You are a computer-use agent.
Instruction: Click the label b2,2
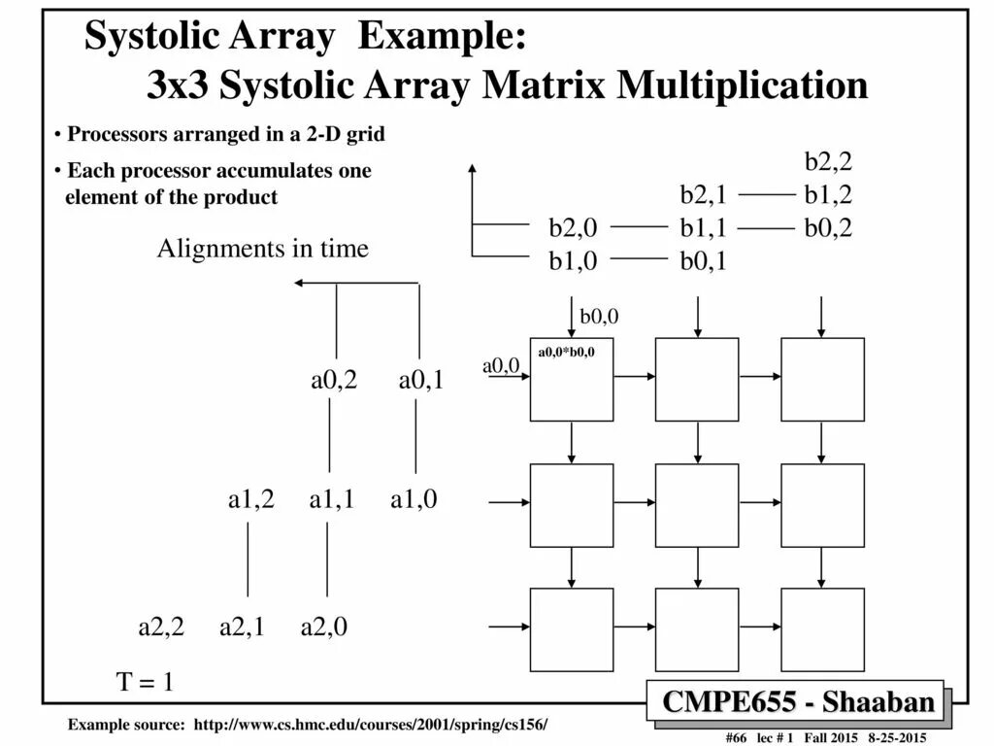pos(828,161)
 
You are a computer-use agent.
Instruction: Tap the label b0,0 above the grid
pos(599,317)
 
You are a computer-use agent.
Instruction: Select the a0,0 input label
pos(501,365)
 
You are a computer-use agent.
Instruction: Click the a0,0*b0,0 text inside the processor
pos(567,352)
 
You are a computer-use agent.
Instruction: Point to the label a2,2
pos(161,627)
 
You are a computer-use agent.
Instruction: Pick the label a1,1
pos(332,500)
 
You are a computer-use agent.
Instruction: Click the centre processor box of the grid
pos(697,505)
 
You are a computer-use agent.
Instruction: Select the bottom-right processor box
pos(822,629)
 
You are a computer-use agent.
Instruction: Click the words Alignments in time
pos(263,250)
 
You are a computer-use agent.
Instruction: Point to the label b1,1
pos(704,229)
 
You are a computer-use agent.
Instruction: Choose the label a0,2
pos(334,380)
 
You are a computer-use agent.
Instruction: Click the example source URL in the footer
pos(371,726)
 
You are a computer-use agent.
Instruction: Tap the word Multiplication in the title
pos(743,85)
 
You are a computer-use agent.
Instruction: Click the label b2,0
pos(573,229)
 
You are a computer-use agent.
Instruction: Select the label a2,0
pos(324,627)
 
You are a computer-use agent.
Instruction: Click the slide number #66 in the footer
pos(735,738)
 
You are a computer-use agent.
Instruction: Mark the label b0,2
pos(828,229)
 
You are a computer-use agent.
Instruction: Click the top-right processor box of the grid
pos(822,379)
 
